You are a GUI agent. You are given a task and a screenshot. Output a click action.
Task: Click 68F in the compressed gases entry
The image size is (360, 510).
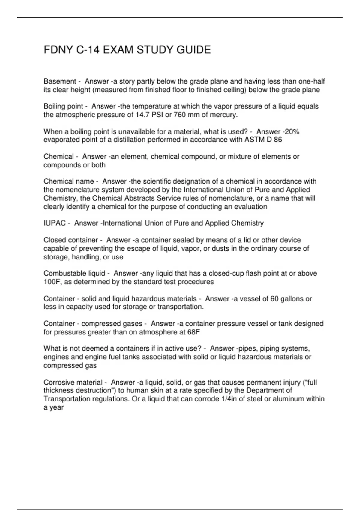click(193, 332)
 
